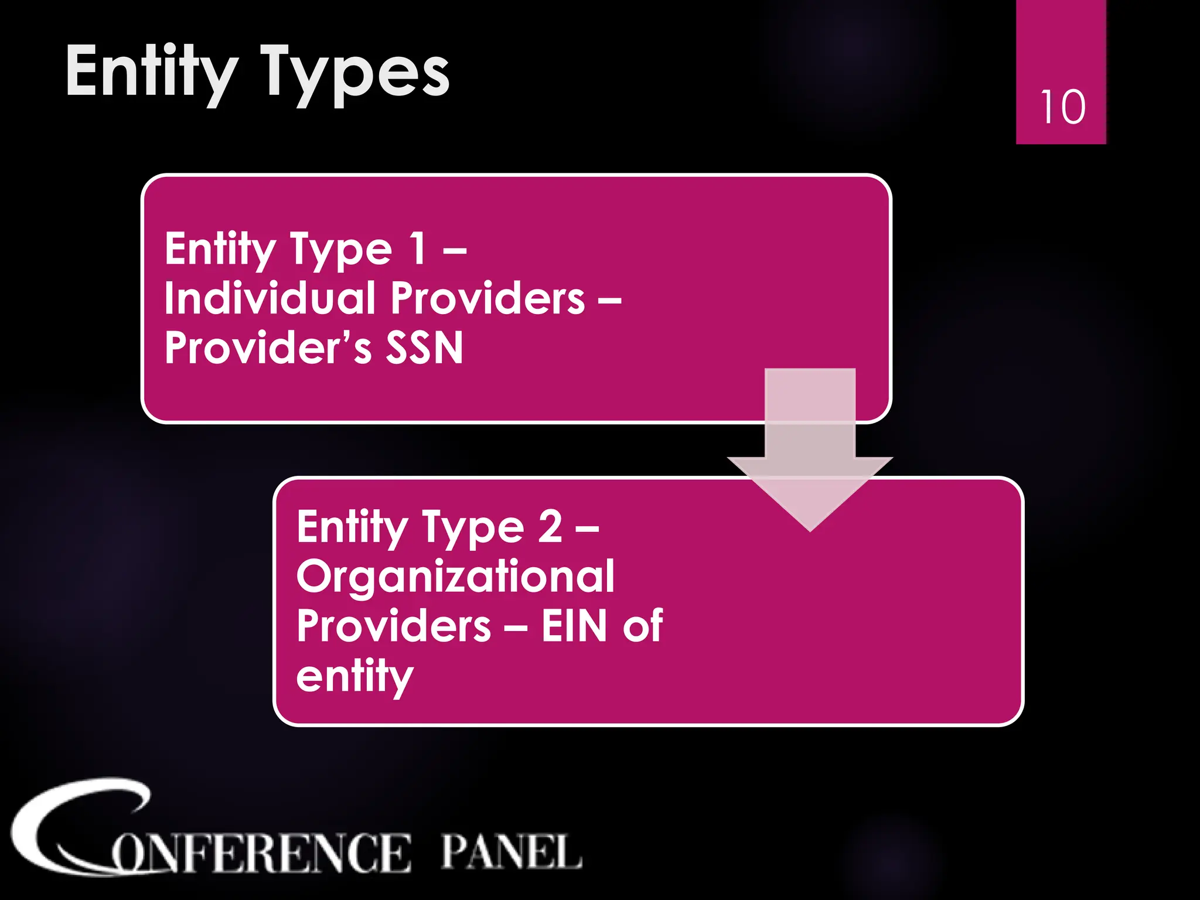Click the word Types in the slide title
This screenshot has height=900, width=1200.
(355, 73)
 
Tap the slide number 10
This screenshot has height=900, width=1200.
(1062, 107)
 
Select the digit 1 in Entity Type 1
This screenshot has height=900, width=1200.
(418, 248)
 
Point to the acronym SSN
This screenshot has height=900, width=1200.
(424, 347)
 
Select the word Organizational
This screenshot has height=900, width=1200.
(455, 577)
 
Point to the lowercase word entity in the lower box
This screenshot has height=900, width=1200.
(354, 676)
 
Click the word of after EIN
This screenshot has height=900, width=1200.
(643, 626)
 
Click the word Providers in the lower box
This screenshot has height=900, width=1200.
(394, 626)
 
